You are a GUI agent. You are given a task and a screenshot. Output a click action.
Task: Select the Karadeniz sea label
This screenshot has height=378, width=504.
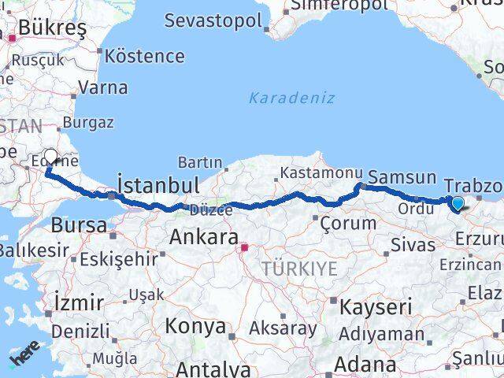(292, 98)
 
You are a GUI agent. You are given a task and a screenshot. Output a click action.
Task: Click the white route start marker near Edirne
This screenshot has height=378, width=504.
(51, 157)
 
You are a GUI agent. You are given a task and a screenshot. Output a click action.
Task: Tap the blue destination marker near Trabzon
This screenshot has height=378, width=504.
(458, 204)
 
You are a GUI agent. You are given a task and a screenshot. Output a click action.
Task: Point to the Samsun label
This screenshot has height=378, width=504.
(402, 178)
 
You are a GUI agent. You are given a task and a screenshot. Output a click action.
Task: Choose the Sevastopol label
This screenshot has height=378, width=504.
(213, 20)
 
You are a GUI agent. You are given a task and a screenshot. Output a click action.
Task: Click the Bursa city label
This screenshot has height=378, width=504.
(79, 225)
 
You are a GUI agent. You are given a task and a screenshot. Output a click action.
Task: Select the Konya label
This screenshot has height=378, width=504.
(195, 326)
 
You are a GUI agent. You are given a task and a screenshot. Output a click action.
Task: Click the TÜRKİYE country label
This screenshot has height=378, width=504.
(299, 269)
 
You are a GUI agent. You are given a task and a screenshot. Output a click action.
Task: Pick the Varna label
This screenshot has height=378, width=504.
(103, 87)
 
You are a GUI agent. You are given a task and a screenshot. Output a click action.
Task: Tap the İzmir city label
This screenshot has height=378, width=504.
(79, 302)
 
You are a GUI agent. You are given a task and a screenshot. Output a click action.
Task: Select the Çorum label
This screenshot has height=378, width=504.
(348, 224)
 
